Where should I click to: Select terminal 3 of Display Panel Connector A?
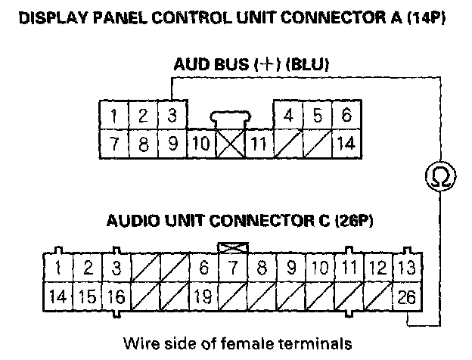[x=172, y=116]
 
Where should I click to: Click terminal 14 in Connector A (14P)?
[x=345, y=143]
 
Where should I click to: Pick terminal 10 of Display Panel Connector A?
[x=200, y=143]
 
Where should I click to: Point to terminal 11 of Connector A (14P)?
[x=257, y=143]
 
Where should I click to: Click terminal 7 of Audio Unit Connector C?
[x=231, y=267]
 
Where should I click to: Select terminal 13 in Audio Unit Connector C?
[x=407, y=267]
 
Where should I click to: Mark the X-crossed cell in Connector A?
[x=228, y=143]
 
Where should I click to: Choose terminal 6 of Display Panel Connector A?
[x=346, y=116]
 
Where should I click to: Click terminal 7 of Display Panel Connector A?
[x=113, y=143]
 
